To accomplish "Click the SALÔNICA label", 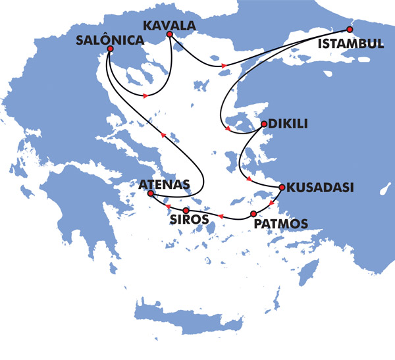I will point(109,39).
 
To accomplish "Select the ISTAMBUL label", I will point(350,43).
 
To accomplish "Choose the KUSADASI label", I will point(317,188).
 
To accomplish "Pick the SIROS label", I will point(190,219).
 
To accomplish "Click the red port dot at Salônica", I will point(110,49).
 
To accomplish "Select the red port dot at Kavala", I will point(170,34).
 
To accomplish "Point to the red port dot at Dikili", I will point(263,124).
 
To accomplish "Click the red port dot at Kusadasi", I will point(281,188).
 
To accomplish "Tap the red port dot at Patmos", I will point(253,215).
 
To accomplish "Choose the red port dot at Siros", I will point(186,210).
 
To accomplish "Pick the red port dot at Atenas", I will point(150,194).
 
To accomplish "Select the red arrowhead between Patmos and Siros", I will point(221,216).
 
